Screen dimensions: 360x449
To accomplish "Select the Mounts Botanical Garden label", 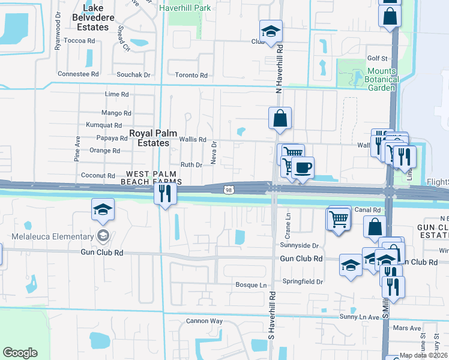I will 381,79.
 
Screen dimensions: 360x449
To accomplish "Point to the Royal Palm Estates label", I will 149,138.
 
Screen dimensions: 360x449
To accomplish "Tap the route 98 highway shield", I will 228,190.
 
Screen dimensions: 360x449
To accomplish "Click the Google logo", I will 20,352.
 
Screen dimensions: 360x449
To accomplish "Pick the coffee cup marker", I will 303,167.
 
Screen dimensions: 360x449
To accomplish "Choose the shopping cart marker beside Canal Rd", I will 339,217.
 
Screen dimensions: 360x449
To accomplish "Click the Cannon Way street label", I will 204,321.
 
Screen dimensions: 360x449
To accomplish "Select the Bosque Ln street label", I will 251,284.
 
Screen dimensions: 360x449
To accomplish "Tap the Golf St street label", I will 378,58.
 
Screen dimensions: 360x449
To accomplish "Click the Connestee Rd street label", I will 78,74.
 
